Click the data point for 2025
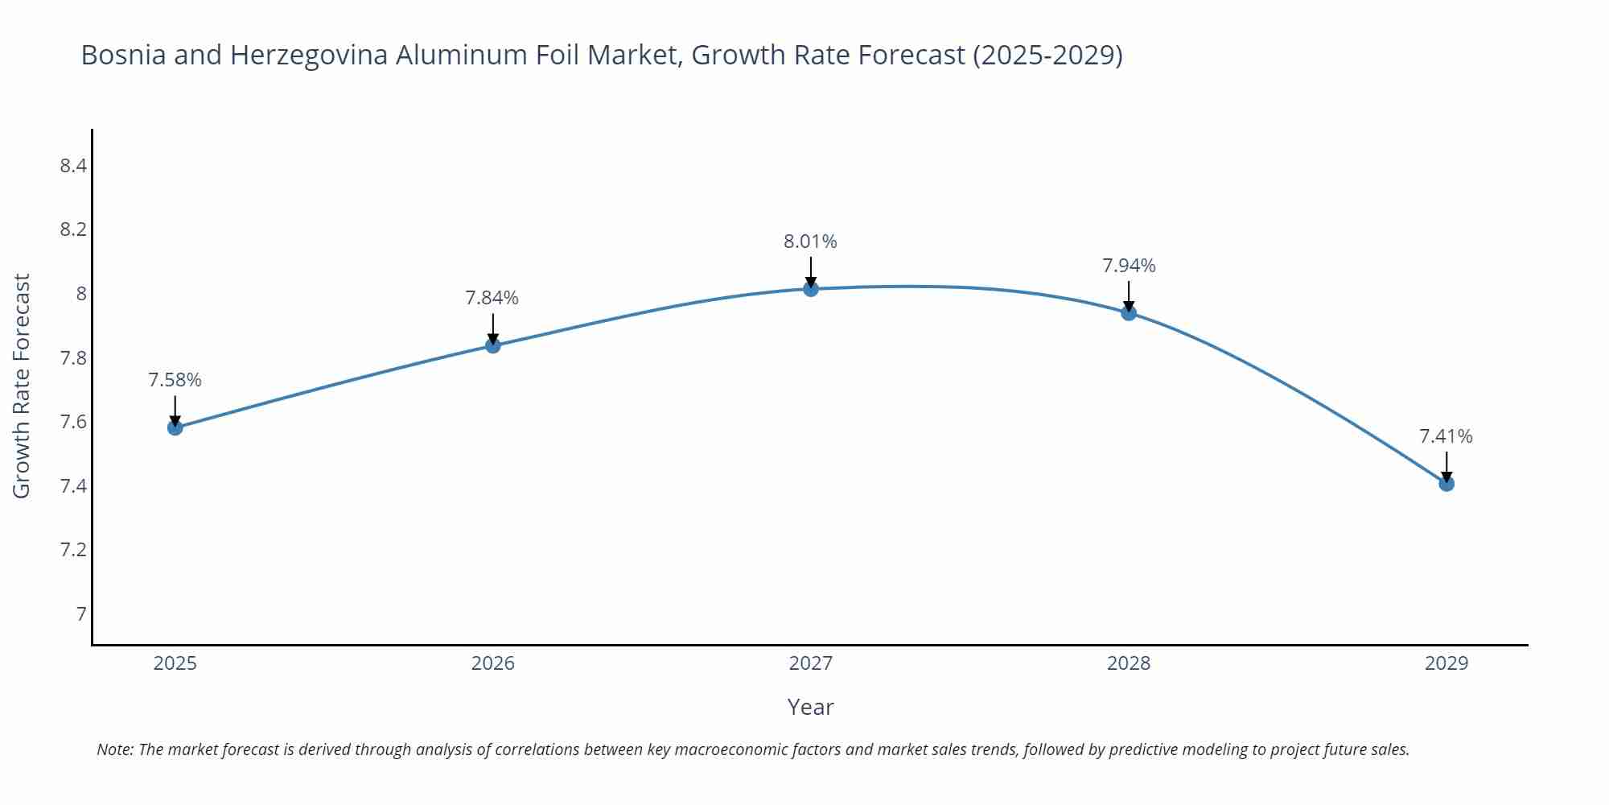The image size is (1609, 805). coord(175,427)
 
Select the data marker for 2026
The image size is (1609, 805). coord(493,345)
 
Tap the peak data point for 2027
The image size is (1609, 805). coord(811,289)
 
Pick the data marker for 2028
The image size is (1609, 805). coord(1129,313)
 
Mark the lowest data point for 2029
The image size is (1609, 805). coord(1446,484)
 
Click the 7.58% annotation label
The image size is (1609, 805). coord(175,380)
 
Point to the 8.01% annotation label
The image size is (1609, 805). coord(810,242)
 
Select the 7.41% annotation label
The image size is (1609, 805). coord(1446,436)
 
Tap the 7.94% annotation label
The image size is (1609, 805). coord(1129,266)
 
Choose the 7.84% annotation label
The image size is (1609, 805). coord(492,298)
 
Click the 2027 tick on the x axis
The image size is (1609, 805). coord(811,663)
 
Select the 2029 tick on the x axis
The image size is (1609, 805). coord(1446,663)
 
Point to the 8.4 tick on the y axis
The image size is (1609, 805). coord(73,166)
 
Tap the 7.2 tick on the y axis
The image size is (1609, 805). coord(73,550)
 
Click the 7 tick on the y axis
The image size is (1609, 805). coord(81,614)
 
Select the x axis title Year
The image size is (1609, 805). coord(810,707)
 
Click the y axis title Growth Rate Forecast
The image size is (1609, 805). coord(22,386)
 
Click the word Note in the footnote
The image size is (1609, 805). coord(114,749)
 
